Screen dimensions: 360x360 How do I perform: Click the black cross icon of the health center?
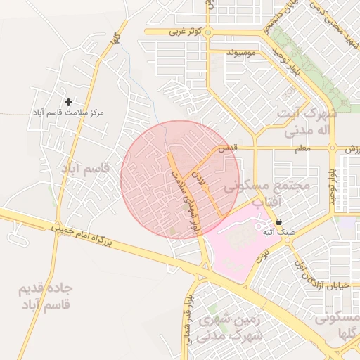tap(68, 103)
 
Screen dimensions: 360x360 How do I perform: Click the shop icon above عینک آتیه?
tap(278, 221)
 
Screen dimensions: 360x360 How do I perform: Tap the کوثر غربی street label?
tap(186, 32)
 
